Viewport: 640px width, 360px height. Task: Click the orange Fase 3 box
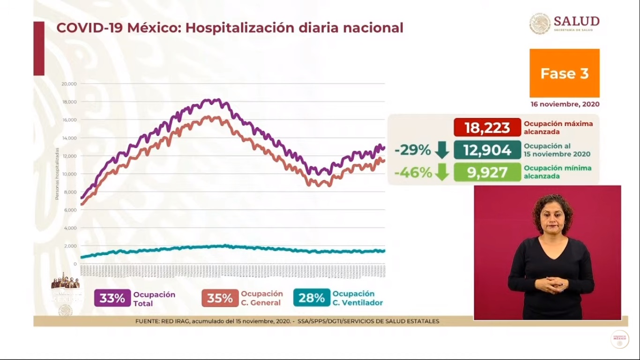564,73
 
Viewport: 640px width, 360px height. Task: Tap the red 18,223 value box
487,127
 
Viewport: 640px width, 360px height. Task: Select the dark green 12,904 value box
487,150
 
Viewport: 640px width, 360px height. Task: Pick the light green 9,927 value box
487,172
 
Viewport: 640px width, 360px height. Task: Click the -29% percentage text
412,150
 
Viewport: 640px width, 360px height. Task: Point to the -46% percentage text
412,172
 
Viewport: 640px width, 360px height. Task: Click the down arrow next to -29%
442,150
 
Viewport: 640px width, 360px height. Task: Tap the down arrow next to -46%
442,172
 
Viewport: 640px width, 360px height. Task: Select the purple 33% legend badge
112,298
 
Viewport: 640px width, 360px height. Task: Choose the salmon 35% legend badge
220,298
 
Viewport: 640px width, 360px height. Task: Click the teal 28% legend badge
312,298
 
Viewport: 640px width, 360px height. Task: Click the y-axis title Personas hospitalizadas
57,174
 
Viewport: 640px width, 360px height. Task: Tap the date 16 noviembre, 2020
565,104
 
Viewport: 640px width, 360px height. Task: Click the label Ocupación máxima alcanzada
558,127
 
